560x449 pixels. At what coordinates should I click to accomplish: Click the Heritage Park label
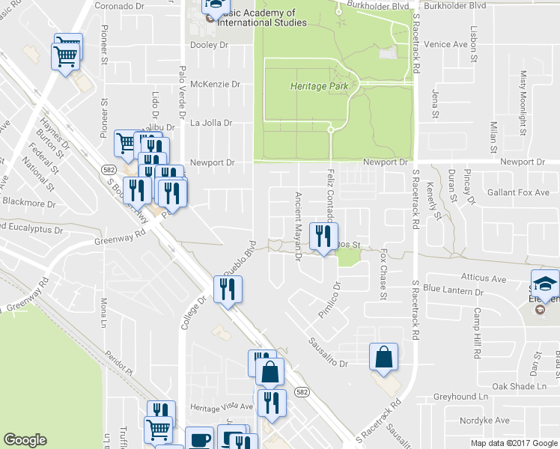click(319, 87)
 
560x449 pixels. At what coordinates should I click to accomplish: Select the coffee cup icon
click(200, 439)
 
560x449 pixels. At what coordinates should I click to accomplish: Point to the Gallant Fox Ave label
click(519, 192)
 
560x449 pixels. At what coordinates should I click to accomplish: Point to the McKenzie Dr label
click(215, 85)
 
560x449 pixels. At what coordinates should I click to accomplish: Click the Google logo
click(25, 440)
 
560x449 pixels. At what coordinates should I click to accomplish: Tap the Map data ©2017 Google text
click(514, 443)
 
